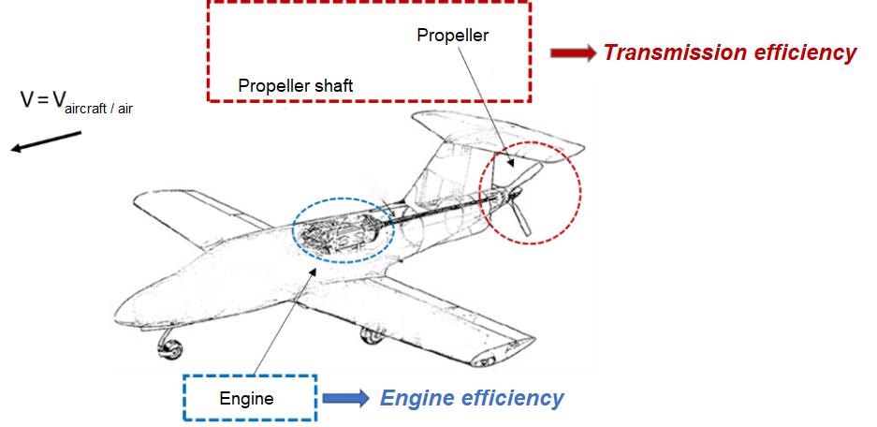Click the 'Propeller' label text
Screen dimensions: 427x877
tap(453, 35)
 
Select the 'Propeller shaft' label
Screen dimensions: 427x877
tap(295, 86)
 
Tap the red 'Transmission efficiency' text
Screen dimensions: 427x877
tap(729, 52)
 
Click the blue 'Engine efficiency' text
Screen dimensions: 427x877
tap(472, 398)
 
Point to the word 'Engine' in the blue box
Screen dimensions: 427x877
tap(246, 399)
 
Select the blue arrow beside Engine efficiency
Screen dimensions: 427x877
tap(345, 398)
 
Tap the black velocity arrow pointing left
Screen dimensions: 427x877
tap(45, 141)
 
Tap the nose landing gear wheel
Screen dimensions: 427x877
tap(171, 348)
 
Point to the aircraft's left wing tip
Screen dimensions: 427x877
tap(140, 198)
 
